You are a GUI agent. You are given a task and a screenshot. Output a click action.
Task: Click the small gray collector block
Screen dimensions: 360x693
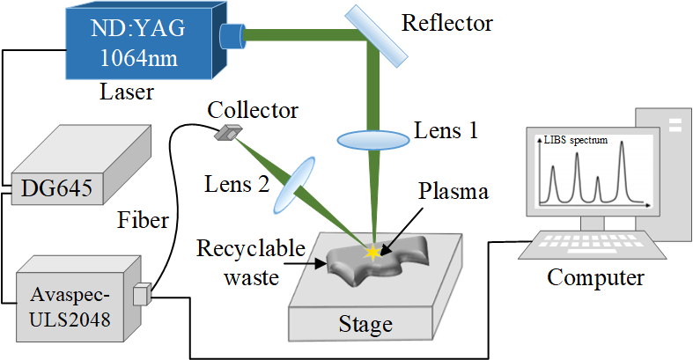coord(227,133)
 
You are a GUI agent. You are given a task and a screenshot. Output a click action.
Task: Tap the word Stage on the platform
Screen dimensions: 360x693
coord(365,325)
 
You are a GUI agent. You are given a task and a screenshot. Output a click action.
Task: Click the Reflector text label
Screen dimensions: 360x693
coord(447,22)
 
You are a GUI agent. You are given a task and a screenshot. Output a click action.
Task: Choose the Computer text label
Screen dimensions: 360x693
coord(595,278)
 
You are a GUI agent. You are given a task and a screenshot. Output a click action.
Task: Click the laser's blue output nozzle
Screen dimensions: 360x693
coord(232,36)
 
